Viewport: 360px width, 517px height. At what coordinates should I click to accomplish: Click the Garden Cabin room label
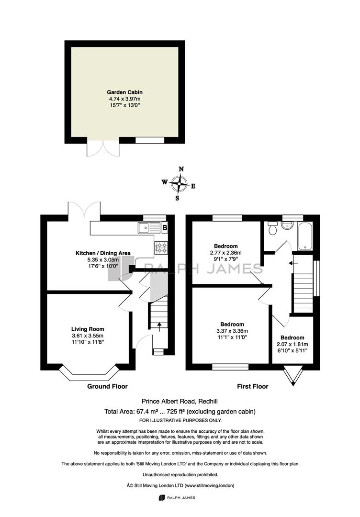point(124,92)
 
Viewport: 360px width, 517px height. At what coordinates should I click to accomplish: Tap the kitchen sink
point(148,228)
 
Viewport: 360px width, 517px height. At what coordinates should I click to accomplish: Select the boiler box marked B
point(165,227)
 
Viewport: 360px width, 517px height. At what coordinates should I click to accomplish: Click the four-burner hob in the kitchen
point(161,248)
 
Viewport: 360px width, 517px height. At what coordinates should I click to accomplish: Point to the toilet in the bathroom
point(273,228)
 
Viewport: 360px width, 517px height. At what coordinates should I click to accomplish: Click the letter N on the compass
point(181,169)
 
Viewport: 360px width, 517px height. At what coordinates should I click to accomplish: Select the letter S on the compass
point(177,198)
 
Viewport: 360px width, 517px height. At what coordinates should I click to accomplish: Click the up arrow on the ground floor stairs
point(159,327)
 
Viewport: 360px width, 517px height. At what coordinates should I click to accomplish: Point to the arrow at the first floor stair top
point(293,263)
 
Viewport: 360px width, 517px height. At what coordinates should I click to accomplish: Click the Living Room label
point(88,329)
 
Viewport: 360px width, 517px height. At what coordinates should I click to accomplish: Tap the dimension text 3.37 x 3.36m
point(232,331)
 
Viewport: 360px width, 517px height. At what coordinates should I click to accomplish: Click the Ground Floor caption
point(107,386)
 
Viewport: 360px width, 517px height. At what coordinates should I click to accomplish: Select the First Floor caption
point(253,386)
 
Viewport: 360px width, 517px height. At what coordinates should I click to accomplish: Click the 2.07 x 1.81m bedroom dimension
point(292,344)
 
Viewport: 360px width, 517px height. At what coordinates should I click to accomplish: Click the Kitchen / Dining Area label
point(103,253)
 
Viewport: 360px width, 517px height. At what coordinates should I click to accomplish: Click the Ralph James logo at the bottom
point(177,497)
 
